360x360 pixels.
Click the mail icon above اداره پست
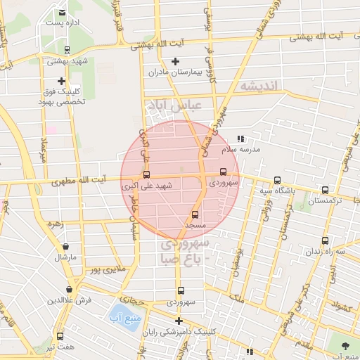pyautogui.click(x=63, y=13)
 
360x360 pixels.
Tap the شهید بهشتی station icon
pyautogui.click(x=66, y=50)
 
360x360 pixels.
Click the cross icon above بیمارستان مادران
pyautogui.click(x=176, y=61)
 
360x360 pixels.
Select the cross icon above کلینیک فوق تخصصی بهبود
pyautogui.click(x=62, y=81)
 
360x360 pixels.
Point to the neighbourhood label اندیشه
pyautogui.click(x=259, y=85)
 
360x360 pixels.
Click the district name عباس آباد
pyautogui.click(x=174, y=105)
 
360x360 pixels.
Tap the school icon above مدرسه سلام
pyautogui.click(x=240, y=139)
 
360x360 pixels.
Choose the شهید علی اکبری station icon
pyautogui.click(x=146, y=174)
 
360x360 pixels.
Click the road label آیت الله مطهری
pyautogui.click(x=74, y=181)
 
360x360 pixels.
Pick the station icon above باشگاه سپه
pyautogui.click(x=276, y=180)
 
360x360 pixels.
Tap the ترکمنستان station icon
pyautogui.click(x=325, y=190)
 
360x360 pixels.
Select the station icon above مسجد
pyautogui.click(x=195, y=214)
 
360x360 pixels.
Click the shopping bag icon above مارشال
pyautogui.click(x=66, y=247)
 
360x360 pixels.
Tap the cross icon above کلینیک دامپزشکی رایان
pyautogui.click(x=179, y=321)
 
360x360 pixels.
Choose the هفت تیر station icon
pyautogui.click(x=60, y=337)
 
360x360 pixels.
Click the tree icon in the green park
pyautogui.click(x=345, y=346)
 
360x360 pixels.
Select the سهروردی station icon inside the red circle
pyautogui.click(x=224, y=172)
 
